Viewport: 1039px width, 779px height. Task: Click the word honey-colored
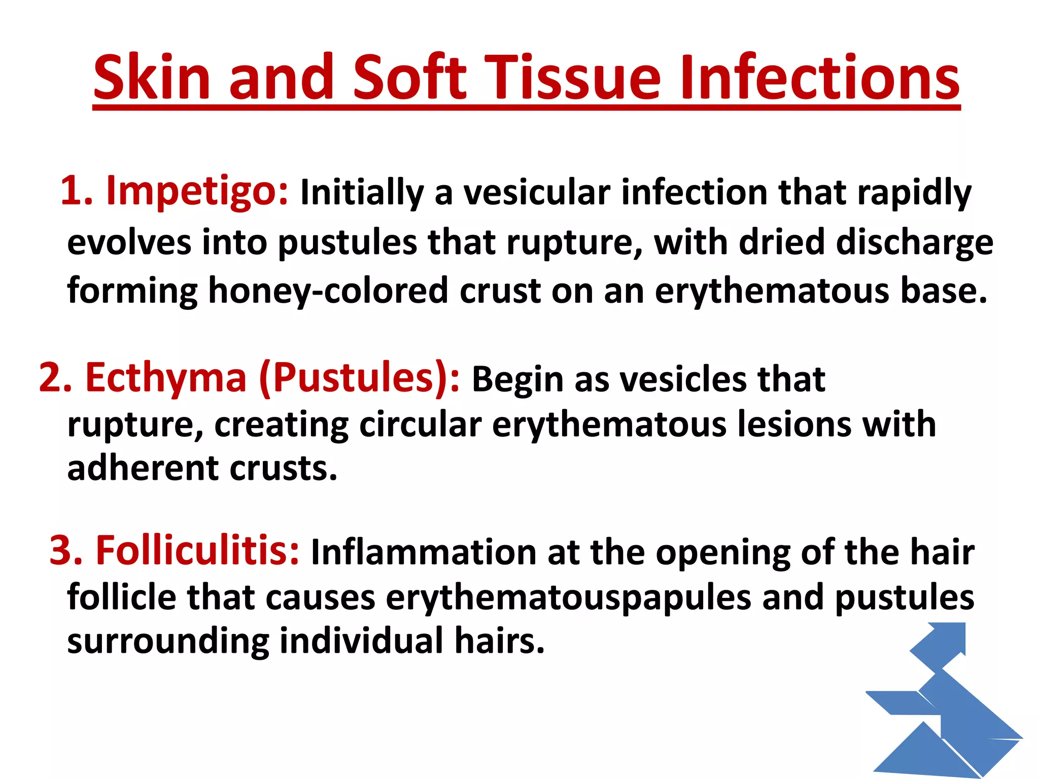[x=328, y=291]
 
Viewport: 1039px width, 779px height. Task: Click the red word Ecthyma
[x=165, y=378]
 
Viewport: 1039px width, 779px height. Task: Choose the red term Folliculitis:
[x=197, y=551]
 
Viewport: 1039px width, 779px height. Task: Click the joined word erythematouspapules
[x=568, y=597]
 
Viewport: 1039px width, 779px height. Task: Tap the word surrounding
[x=167, y=641]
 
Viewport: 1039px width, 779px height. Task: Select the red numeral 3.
[x=65, y=551]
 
